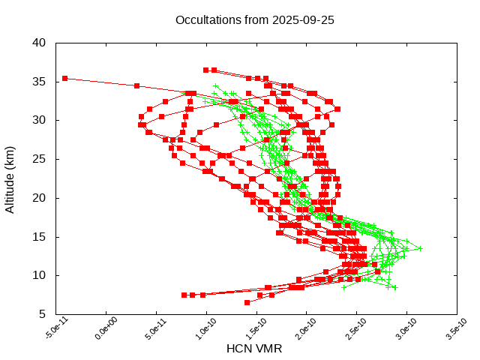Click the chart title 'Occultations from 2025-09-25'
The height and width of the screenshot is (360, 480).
coord(254,19)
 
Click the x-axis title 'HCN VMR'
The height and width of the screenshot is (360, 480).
coord(254,349)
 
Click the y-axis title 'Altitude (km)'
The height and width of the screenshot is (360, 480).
coord(10,178)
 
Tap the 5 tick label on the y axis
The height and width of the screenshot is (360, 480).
coord(44,315)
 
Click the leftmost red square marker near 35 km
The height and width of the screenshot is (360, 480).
coord(65,78)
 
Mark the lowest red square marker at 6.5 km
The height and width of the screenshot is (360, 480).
coord(247,302)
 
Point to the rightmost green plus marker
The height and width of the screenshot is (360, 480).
coord(420,248)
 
